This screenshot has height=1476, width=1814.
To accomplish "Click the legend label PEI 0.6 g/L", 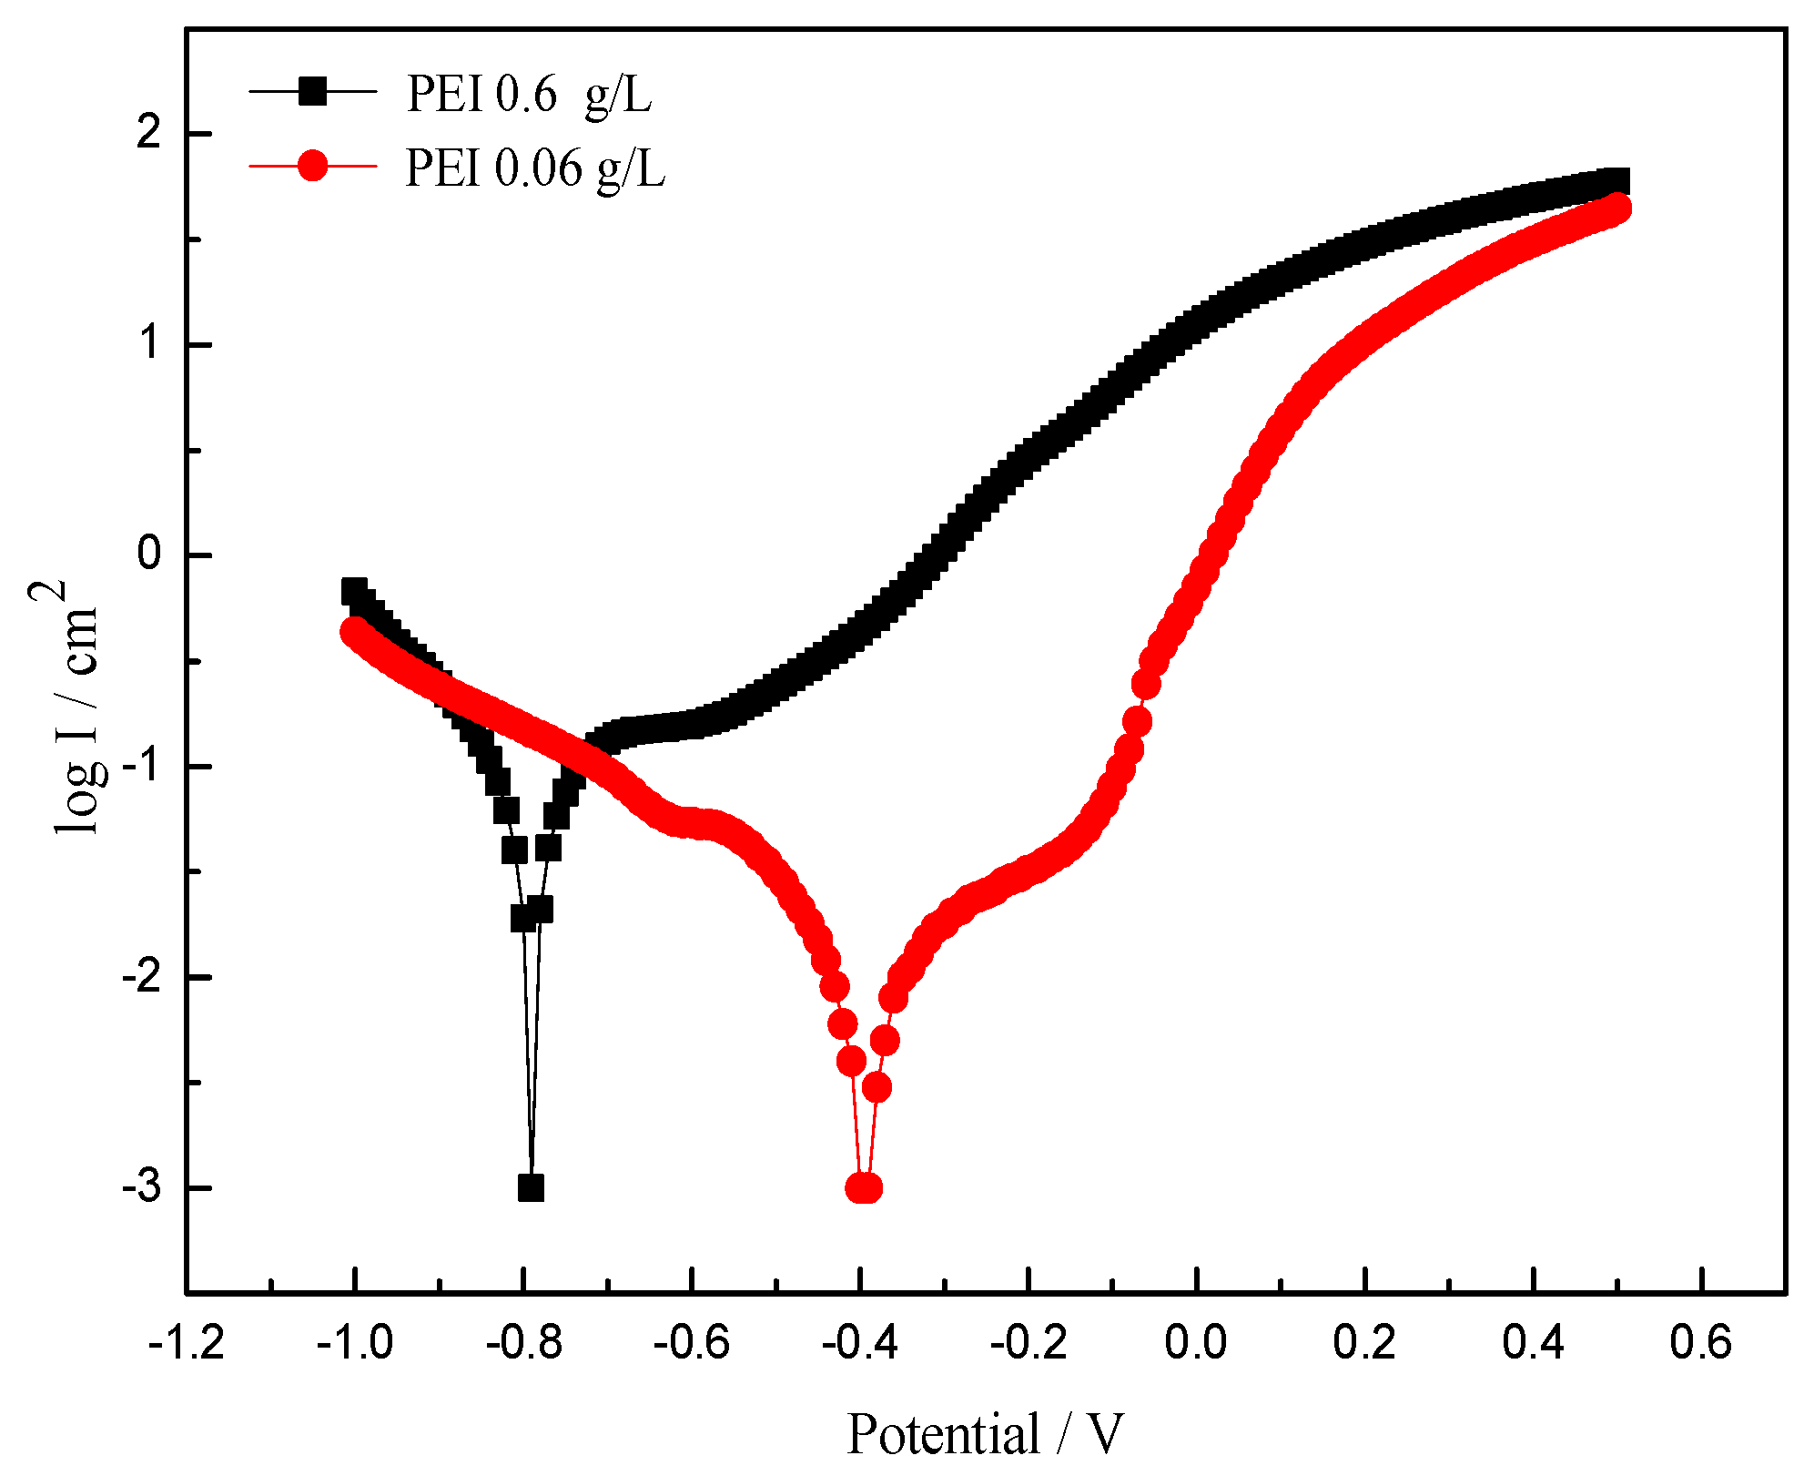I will (x=529, y=94).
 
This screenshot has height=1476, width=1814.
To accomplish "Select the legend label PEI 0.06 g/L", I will (x=535, y=168).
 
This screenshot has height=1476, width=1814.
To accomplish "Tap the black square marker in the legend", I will (x=312, y=91).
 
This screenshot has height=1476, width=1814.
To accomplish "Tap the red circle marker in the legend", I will (x=312, y=166).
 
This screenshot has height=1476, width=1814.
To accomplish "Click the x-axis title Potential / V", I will (x=985, y=1434).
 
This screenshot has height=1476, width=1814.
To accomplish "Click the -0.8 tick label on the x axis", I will (x=523, y=1344).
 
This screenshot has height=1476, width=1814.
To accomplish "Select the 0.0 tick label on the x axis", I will (x=1196, y=1344).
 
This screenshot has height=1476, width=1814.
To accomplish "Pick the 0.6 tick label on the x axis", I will (x=1700, y=1344).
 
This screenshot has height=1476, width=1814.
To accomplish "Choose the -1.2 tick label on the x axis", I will (x=187, y=1344).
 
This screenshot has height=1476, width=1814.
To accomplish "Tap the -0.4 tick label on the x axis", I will (x=860, y=1344).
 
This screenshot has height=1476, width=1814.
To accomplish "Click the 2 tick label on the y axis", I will (x=148, y=134).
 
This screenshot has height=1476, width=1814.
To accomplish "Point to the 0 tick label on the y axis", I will (x=148, y=555).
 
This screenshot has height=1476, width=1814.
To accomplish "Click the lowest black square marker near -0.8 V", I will (x=531, y=1188).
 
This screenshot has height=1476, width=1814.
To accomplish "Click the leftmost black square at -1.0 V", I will (x=354, y=592).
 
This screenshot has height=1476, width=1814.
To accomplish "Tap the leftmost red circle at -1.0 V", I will (x=353, y=631).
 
